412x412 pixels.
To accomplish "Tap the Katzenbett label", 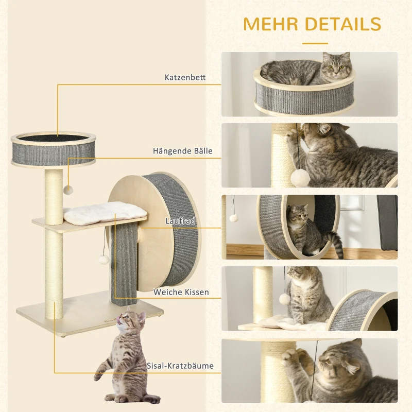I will (185, 78).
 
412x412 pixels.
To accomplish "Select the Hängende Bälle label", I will (182, 151).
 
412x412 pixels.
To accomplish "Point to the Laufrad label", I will (180, 220).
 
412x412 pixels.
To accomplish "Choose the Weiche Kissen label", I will (181, 292).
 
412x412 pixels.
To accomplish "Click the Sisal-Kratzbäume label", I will (181, 366).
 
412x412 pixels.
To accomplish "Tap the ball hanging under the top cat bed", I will (67, 190).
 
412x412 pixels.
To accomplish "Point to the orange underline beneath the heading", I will (315, 43).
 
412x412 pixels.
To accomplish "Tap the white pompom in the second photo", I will (300, 178).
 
